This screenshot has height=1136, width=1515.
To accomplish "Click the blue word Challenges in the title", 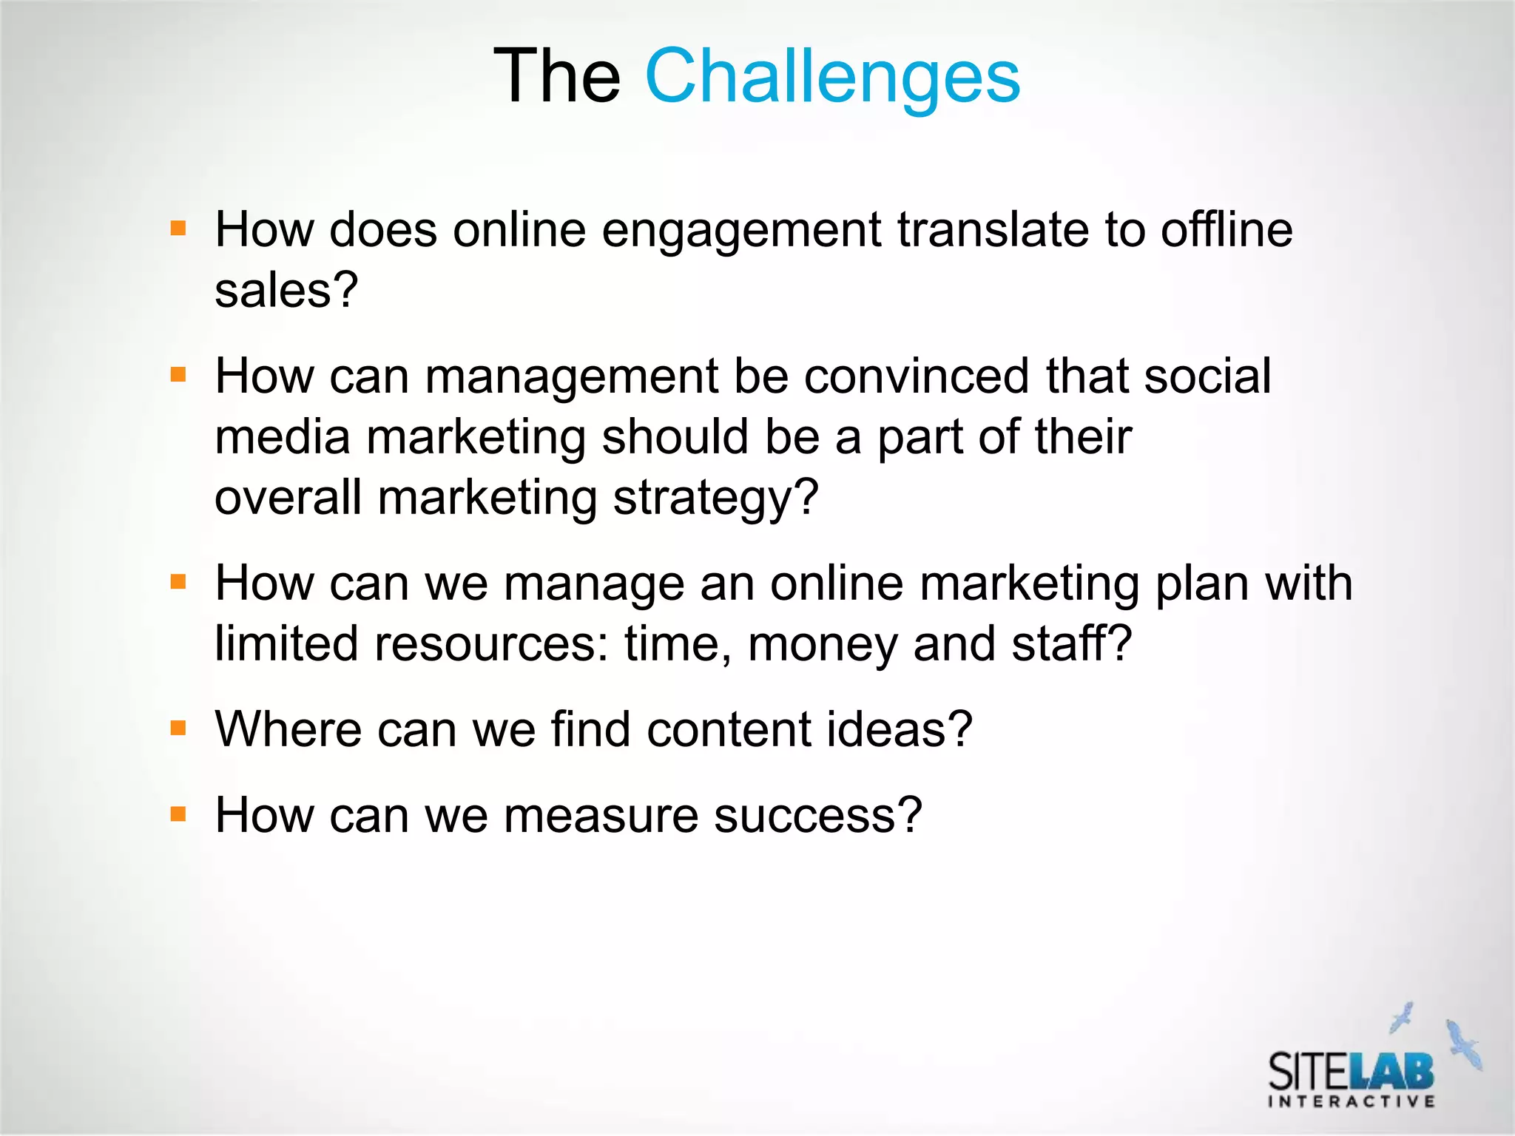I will coord(832,76).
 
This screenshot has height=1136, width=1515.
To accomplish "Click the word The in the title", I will coord(556,76).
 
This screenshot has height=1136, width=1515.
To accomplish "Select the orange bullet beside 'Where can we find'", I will coord(178,728).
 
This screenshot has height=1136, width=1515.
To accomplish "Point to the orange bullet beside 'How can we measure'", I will coord(178,814).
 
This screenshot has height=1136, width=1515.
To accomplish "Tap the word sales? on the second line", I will coord(286,290).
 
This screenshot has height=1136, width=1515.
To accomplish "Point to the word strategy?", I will coord(716,498).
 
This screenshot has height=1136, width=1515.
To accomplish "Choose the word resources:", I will coord(491,643).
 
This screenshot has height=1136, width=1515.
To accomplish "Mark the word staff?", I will coord(1072,643).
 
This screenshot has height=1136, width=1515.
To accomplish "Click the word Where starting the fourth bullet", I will coord(288,729).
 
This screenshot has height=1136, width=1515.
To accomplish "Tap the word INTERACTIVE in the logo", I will coord(1352,1102).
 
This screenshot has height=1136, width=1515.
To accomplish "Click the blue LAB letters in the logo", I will coord(1391,1070).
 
